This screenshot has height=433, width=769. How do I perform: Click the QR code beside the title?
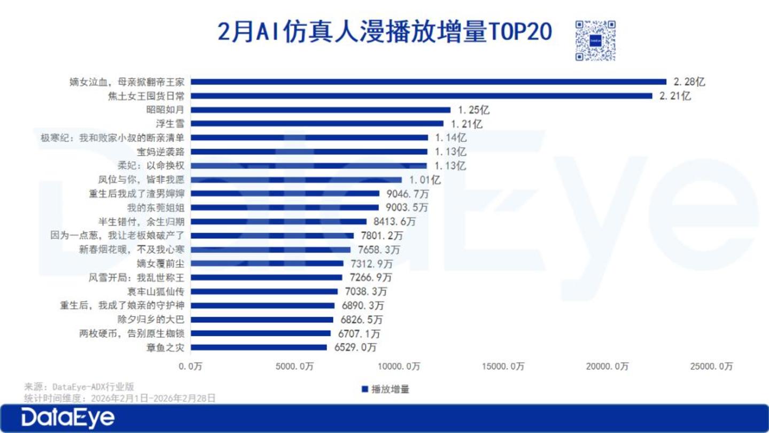(595, 41)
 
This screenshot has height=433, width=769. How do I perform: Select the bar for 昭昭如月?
(321, 110)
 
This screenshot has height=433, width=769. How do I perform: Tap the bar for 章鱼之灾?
(259, 347)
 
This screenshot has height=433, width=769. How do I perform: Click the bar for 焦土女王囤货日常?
(422, 96)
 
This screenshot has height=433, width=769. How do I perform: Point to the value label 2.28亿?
(689, 82)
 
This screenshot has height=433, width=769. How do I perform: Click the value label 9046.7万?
(408, 194)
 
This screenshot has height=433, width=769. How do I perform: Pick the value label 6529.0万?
(355, 347)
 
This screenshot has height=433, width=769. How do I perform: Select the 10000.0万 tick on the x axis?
(399, 366)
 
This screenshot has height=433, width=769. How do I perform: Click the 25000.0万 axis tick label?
(711, 366)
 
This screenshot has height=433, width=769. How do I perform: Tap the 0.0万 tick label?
(191, 366)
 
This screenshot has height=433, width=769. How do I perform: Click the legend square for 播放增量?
(365, 389)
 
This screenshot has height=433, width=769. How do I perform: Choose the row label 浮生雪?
(170, 123)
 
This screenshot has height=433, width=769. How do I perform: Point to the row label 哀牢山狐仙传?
(156, 291)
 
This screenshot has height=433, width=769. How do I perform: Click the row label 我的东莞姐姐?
(156, 208)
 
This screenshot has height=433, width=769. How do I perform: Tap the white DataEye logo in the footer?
(68, 418)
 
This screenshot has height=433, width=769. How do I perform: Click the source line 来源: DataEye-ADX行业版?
(79, 387)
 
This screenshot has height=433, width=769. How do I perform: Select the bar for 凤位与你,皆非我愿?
(296, 180)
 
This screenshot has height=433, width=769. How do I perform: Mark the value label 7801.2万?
(382, 236)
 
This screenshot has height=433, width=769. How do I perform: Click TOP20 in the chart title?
(520, 32)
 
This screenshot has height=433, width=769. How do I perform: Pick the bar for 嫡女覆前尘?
(267, 264)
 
